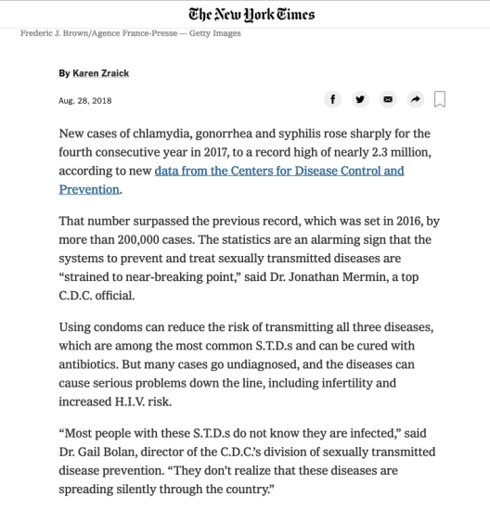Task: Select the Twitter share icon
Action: [x=361, y=98]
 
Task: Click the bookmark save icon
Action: [x=441, y=99]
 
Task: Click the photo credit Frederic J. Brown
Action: [x=55, y=34]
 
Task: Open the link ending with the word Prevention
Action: [x=89, y=189]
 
